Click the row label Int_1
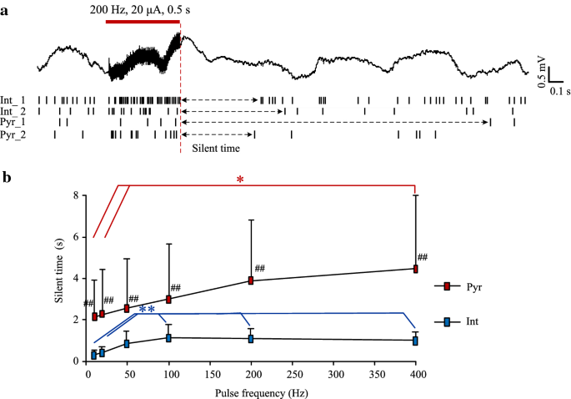(x=13, y=99)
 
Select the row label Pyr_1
(x=13, y=122)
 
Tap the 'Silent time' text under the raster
(x=217, y=149)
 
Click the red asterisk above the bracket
(x=240, y=179)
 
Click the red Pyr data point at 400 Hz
(x=415, y=269)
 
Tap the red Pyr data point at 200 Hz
(x=251, y=280)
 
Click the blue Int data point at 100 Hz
(x=169, y=338)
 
